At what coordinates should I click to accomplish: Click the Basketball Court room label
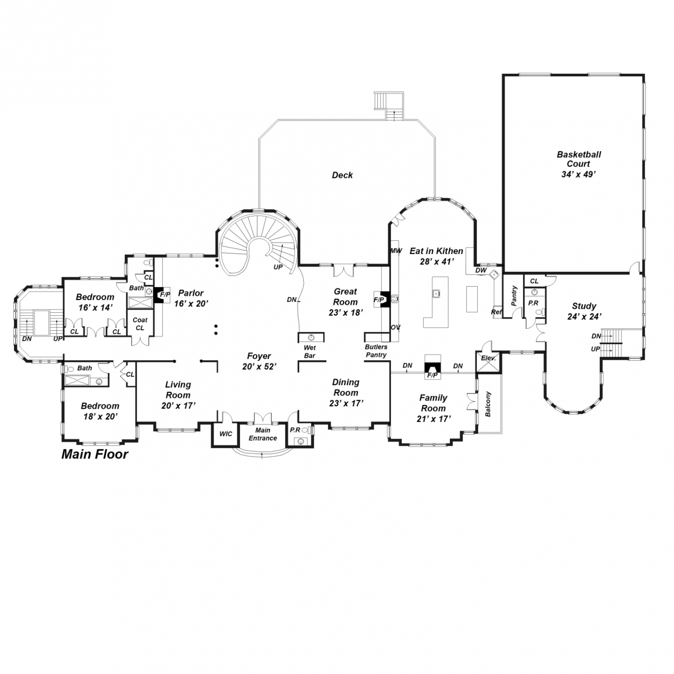[x=579, y=159]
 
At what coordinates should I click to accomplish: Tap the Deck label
[x=342, y=175]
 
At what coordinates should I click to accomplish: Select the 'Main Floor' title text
[x=95, y=454]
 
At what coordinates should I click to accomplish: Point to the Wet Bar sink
[x=311, y=337]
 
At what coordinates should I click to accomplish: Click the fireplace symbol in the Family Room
[x=433, y=364]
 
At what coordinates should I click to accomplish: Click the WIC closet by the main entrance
[x=226, y=434]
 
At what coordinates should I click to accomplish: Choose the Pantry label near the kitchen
[x=514, y=296]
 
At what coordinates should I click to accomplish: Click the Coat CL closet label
[x=140, y=324]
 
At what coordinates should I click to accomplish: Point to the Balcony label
[x=489, y=404]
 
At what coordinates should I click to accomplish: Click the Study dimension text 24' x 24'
[x=584, y=316]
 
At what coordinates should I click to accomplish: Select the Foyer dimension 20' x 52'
[x=259, y=367]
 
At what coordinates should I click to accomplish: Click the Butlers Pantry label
[x=376, y=351]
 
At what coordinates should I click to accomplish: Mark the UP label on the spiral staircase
[x=278, y=267]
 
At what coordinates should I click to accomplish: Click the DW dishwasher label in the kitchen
[x=481, y=270]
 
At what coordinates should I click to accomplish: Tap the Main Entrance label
[x=263, y=434]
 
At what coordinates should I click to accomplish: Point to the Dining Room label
[x=346, y=387]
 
